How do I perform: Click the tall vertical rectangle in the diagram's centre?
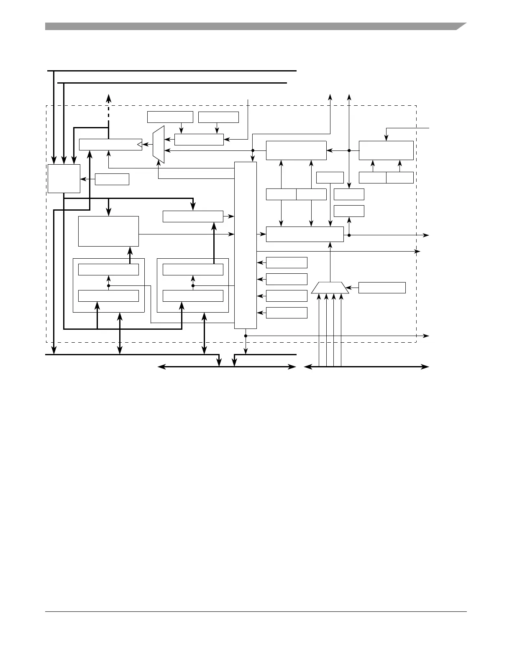[x=246, y=245]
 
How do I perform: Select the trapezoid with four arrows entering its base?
[x=330, y=288]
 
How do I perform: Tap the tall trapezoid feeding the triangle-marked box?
[x=159, y=145]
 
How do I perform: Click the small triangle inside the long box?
[x=139, y=145]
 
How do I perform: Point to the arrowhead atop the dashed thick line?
[x=108, y=97]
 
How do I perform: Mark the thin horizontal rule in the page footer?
[x=256, y=612]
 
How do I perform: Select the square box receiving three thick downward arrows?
[x=64, y=178]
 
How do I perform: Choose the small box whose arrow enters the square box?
[x=112, y=179]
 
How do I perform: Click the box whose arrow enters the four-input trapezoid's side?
[x=382, y=288]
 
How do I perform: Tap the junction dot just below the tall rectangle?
[x=246, y=336]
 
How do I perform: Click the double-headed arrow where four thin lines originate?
[x=366, y=367]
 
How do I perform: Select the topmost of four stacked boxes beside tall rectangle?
[x=287, y=262]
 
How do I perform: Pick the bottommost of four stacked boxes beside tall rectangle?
[x=287, y=313]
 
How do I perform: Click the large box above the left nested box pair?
[x=108, y=231]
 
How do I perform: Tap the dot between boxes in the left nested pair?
[x=108, y=286]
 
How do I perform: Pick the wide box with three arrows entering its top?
[x=305, y=234]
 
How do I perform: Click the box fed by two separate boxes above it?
[x=199, y=140]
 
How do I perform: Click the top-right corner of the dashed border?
[x=416, y=106]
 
